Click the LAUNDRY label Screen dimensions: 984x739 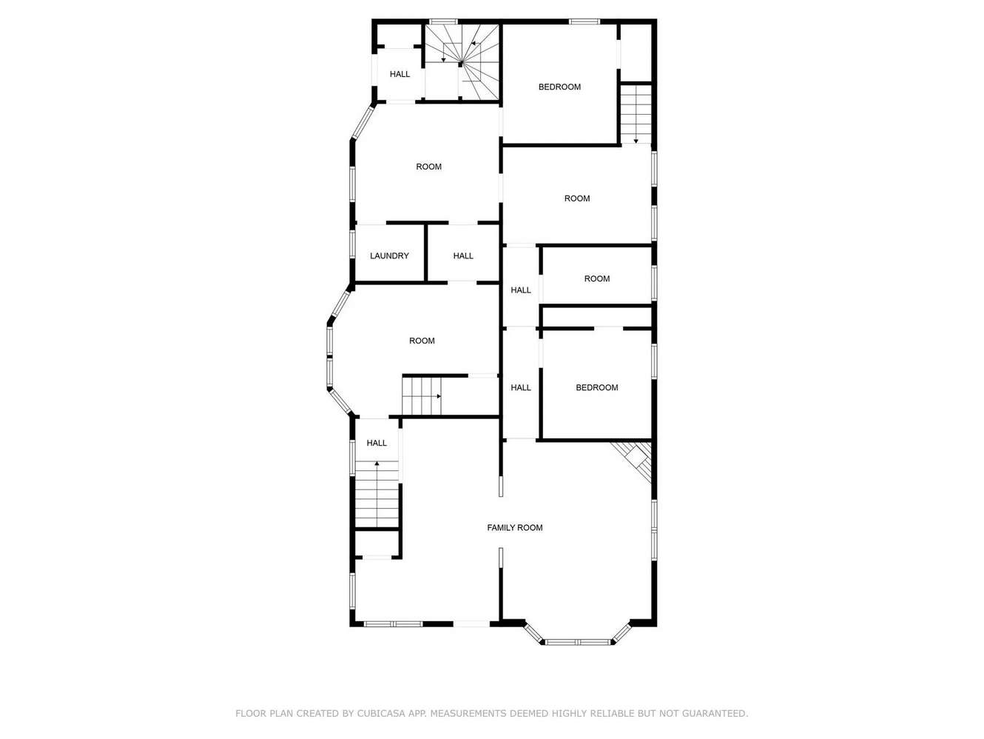389,255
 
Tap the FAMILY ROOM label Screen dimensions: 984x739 515,528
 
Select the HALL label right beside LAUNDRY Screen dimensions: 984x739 463,255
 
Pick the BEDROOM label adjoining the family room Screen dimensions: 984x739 596,387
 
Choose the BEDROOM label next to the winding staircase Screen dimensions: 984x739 559,87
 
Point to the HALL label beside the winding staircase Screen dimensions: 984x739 400,74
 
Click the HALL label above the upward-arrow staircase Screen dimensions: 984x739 377,443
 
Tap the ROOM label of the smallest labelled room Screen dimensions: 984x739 596,278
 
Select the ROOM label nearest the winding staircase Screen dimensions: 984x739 428,167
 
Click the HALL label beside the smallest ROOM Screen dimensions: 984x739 521,290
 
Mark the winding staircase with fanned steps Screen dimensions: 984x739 462,62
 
